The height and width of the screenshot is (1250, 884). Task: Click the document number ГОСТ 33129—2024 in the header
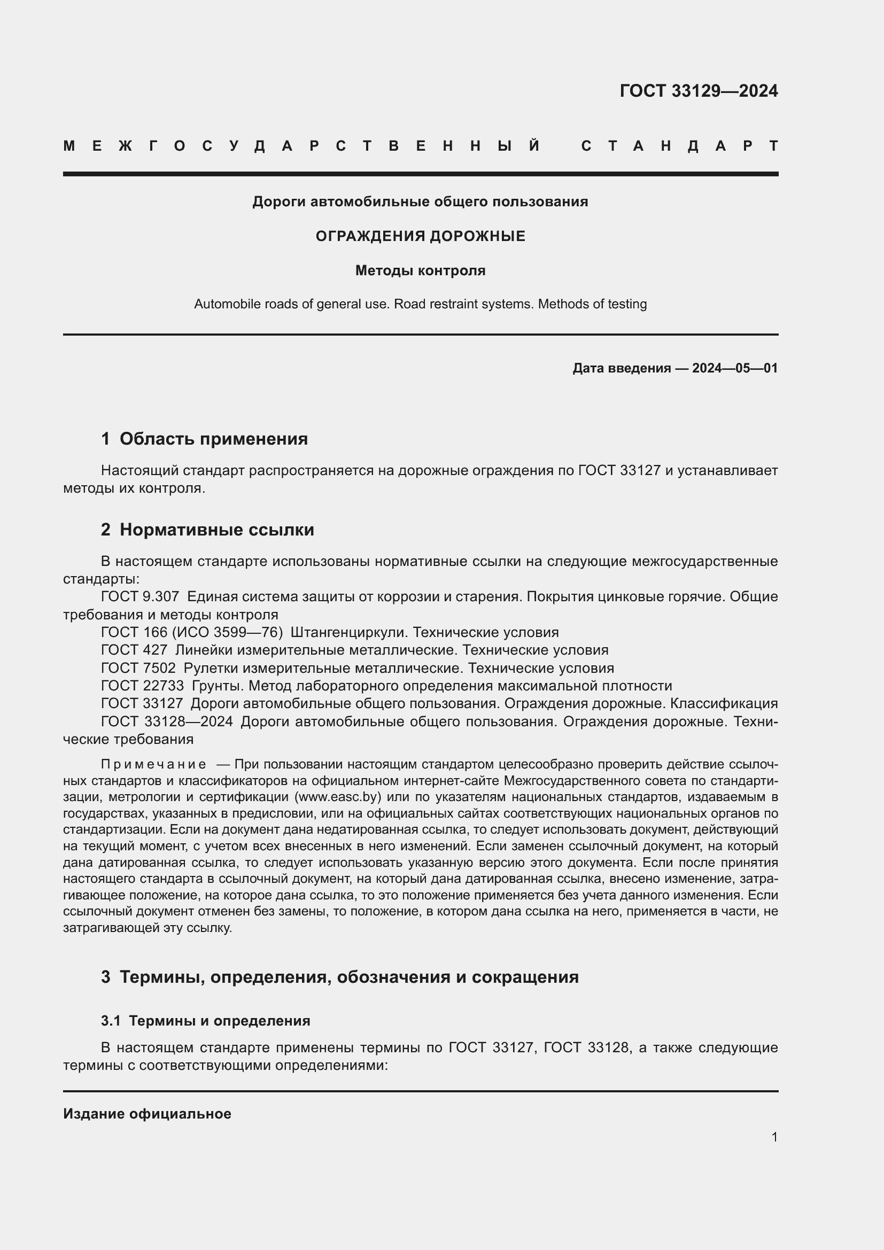pos(699,91)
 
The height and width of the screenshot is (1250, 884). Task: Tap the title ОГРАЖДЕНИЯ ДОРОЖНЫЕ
pos(420,236)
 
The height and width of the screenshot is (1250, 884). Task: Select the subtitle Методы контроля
pos(420,270)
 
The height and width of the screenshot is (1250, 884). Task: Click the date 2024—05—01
pos(734,368)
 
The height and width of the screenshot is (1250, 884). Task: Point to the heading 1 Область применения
pos(204,438)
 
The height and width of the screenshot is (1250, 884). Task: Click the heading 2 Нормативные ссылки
pos(207,529)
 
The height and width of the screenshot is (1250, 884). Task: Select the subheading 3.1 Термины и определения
pos(205,1021)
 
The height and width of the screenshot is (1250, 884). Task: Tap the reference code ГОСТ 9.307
pos(140,597)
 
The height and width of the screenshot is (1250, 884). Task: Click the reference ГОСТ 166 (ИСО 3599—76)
pos(192,632)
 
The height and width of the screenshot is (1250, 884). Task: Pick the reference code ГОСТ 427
pos(134,650)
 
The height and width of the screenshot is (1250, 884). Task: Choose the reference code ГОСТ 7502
pos(138,668)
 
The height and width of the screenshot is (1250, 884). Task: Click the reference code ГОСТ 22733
pos(142,686)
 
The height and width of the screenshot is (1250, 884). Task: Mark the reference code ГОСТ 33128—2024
pos(167,721)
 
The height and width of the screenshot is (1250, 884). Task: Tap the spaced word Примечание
pos(153,764)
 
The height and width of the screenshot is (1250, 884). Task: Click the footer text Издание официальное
pos(147,1114)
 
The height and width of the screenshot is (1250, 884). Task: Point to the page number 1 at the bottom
pos(774,1137)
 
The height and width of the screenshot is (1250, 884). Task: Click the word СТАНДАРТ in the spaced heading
pos(679,146)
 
